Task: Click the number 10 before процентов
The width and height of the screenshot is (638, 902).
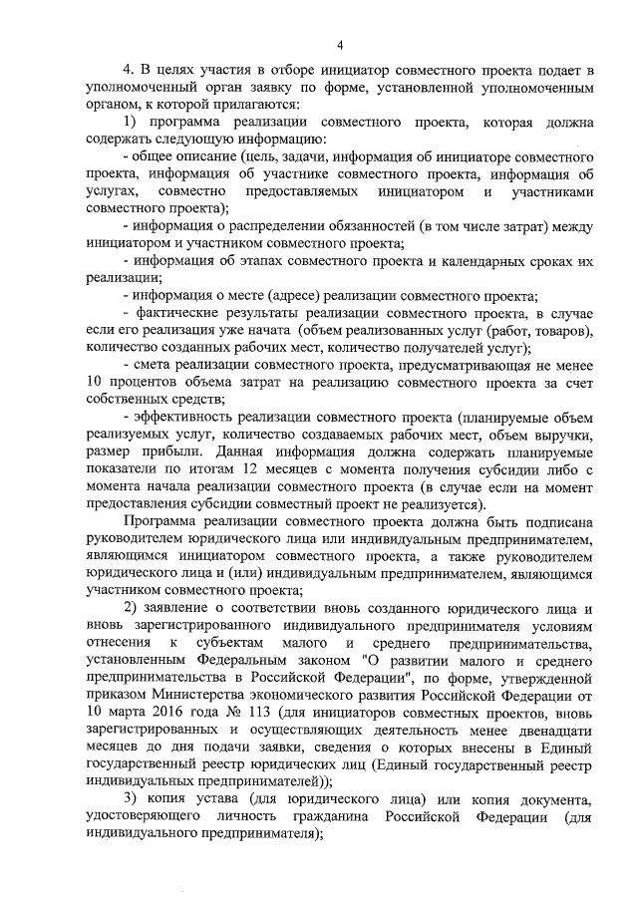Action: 97,381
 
